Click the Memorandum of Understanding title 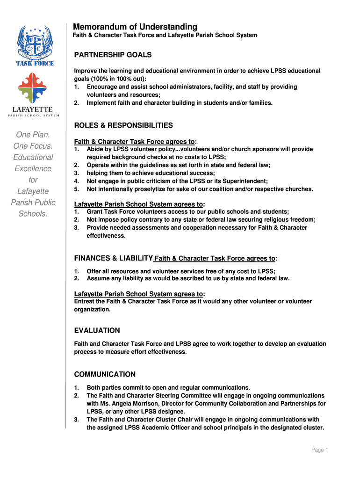pyautogui.click(x=135, y=27)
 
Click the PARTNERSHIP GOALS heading pyautogui.click(x=113, y=55)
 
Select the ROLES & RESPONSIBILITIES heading pyautogui.click(x=123, y=125)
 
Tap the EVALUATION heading pyautogui.click(x=97, y=330)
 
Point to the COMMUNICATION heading pyautogui.click(x=105, y=374)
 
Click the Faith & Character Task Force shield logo pyautogui.click(x=35, y=42)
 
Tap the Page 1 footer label pyautogui.click(x=320, y=450)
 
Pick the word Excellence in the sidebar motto pyautogui.click(x=33, y=168)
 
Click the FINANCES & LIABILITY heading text pyautogui.click(x=114, y=258)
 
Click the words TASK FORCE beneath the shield pyautogui.click(x=35, y=63)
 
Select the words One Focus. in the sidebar pyautogui.click(x=33, y=146)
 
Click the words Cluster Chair pyautogui.click(x=174, y=419)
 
